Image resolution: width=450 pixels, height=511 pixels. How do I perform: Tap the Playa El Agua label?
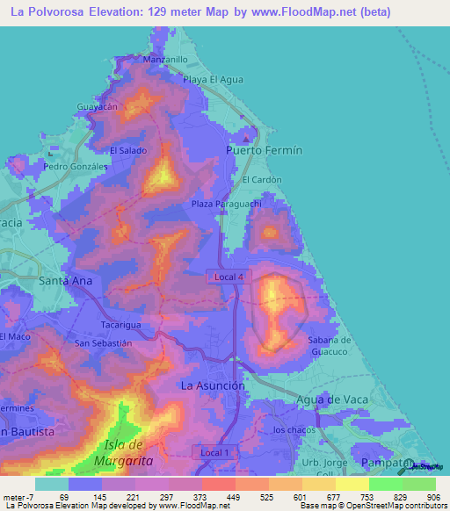[213, 80]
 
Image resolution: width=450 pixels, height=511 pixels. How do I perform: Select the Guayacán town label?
[98, 106]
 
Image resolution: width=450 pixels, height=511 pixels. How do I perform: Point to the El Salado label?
[127, 150]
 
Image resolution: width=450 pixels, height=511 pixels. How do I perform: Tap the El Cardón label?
[262, 179]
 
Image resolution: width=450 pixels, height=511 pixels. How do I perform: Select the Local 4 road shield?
[230, 277]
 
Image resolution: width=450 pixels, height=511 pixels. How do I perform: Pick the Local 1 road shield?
[215, 452]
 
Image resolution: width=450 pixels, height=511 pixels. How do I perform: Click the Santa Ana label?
[66, 281]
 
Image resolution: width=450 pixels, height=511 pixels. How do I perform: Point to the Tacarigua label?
[121, 324]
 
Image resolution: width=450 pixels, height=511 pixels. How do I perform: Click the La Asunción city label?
[212, 385]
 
